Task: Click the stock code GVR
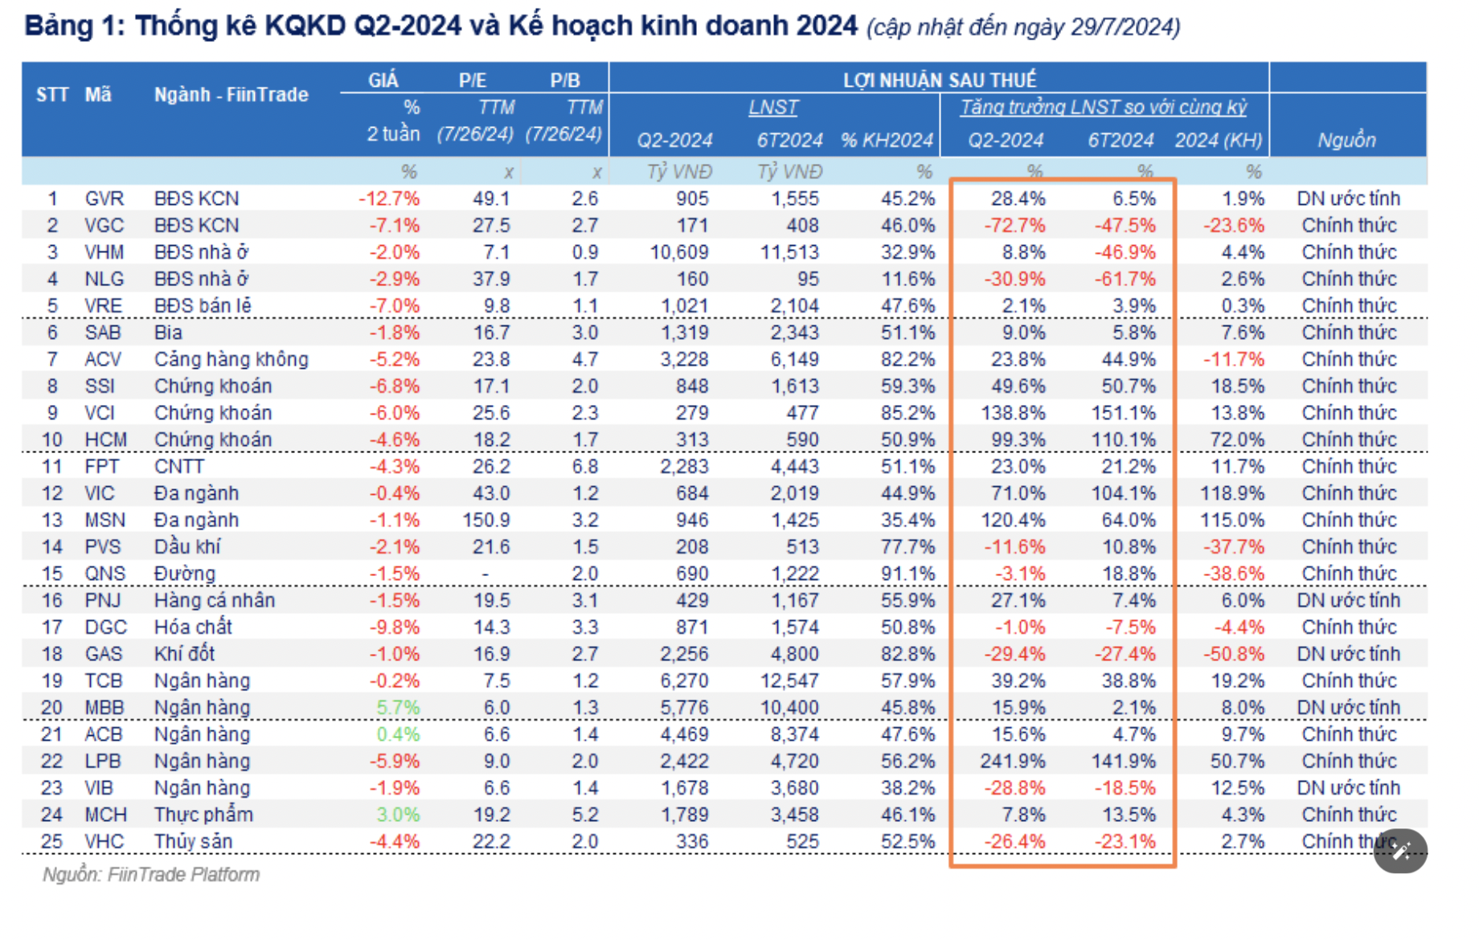(104, 198)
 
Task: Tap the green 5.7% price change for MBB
(398, 708)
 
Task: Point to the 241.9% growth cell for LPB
(1012, 761)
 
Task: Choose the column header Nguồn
(1346, 141)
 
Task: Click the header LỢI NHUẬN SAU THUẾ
(939, 80)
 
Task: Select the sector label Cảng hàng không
(231, 359)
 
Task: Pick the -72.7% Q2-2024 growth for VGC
(1014, 226)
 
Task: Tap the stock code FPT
(102, 467)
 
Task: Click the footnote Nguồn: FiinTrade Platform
(151, 874)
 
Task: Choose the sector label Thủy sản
(193, 841)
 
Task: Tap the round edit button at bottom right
(1400, 851)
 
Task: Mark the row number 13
(52, 520)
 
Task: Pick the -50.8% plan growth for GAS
(1233, 654)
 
